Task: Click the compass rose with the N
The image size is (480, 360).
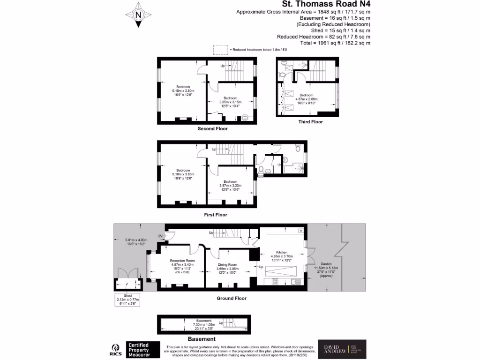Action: click(138, 14)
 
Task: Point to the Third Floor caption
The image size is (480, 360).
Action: click(311, 122)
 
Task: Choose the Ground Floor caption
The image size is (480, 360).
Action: click(232, 298)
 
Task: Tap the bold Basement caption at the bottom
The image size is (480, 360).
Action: click(202, 339)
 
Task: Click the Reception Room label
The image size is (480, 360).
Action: click(182, 261)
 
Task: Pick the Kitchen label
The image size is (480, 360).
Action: click(282, 252)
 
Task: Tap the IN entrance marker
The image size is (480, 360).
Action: click(160, 235)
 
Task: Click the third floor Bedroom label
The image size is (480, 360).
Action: click(306, 95)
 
